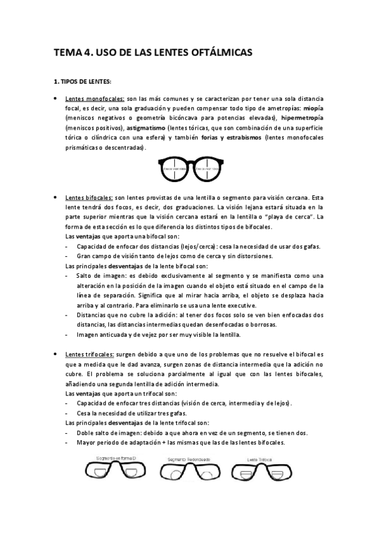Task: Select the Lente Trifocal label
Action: [x=259, y=460]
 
